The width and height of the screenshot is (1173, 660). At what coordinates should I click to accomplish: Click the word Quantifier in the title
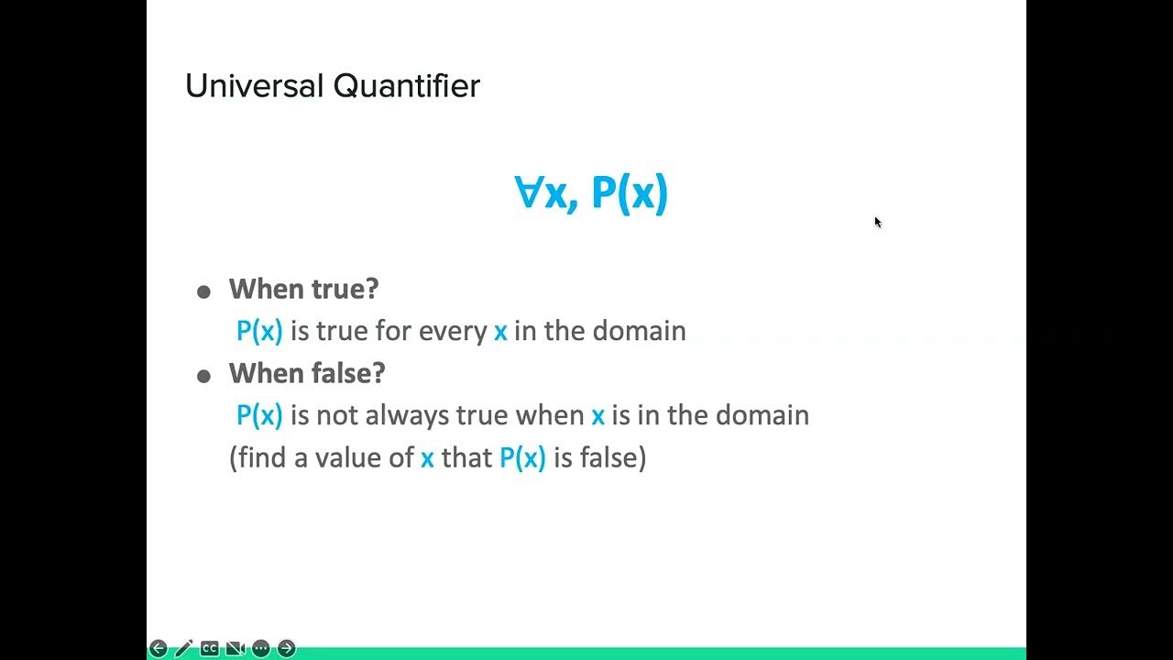[x=406, y=86]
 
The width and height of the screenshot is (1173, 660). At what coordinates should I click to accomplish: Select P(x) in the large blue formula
[x=630, y=193]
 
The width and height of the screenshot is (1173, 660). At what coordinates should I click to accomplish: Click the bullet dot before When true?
[x=203, y=292]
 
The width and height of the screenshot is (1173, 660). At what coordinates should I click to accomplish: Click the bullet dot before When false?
[x=203, y=377]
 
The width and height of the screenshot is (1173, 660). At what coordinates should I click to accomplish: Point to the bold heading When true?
[x=303, y=289]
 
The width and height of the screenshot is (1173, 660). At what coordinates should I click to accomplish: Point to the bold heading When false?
[x=307, y=373]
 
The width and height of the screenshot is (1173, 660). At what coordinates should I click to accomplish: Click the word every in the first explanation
[x=453, y=331]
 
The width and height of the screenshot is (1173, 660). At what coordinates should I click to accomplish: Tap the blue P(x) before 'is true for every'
[x=259, y=331]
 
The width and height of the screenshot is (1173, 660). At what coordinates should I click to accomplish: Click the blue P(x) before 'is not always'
[x=259, y=415]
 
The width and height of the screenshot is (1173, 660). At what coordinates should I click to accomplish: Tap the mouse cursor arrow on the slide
[x=877, y=222]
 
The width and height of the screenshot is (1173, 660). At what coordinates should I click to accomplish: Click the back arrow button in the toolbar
[x=158, y=649]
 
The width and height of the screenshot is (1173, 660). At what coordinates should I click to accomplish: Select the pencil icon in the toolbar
[x=183, y=649]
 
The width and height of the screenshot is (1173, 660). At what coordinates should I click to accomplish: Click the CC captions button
[x=209, y=649]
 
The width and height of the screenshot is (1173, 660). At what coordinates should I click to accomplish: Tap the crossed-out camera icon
[x=235, y=649]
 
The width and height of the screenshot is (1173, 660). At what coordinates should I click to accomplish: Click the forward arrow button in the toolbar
[x=287, y=649]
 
